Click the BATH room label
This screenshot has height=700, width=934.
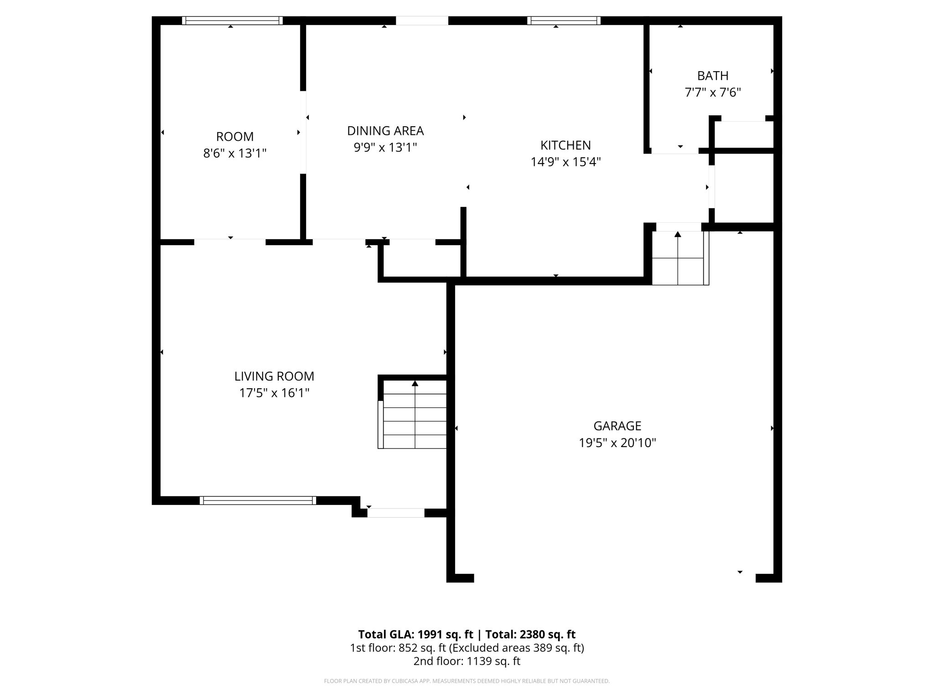click(712, 76)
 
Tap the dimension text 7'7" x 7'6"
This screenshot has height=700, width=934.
click(712, 93)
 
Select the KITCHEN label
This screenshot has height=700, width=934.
click(566, 145)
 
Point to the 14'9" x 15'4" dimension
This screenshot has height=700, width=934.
click(566, 162)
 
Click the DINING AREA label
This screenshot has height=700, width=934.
click(385, 131)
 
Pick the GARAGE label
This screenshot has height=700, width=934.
click(617, 426)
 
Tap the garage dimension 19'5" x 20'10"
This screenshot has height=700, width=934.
click(617, 443)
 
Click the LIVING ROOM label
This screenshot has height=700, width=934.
click(274, 376)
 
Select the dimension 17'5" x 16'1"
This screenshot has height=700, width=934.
click(274, 393)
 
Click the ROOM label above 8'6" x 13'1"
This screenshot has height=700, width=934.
click(235, 137)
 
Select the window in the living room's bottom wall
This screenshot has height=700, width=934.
click(258, 500)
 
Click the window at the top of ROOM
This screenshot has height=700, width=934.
click(232, 21)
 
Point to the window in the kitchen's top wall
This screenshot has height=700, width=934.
click(564, 21)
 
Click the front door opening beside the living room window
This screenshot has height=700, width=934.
click(396, 513)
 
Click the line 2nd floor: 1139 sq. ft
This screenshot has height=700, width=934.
click(467, 661)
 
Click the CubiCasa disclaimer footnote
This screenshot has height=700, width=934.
click(467, 681)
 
